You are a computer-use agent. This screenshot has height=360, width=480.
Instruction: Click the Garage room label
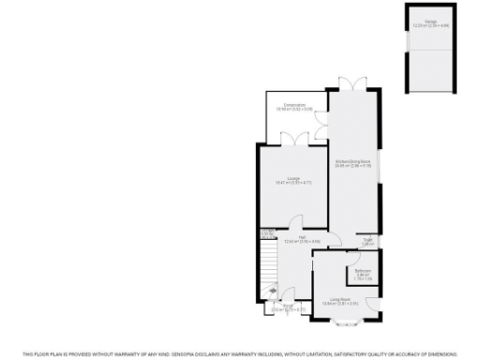[x=430, y=22]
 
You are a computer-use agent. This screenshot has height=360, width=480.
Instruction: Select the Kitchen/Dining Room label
[x=352, y=162]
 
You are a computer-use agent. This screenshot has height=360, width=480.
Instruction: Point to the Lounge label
[x=293, y=181]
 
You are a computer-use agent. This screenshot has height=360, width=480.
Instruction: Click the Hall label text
[x=302, y=240]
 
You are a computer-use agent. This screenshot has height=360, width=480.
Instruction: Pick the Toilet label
[x=368, y=242]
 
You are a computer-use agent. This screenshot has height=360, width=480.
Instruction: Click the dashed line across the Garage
[x=430, y=47]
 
